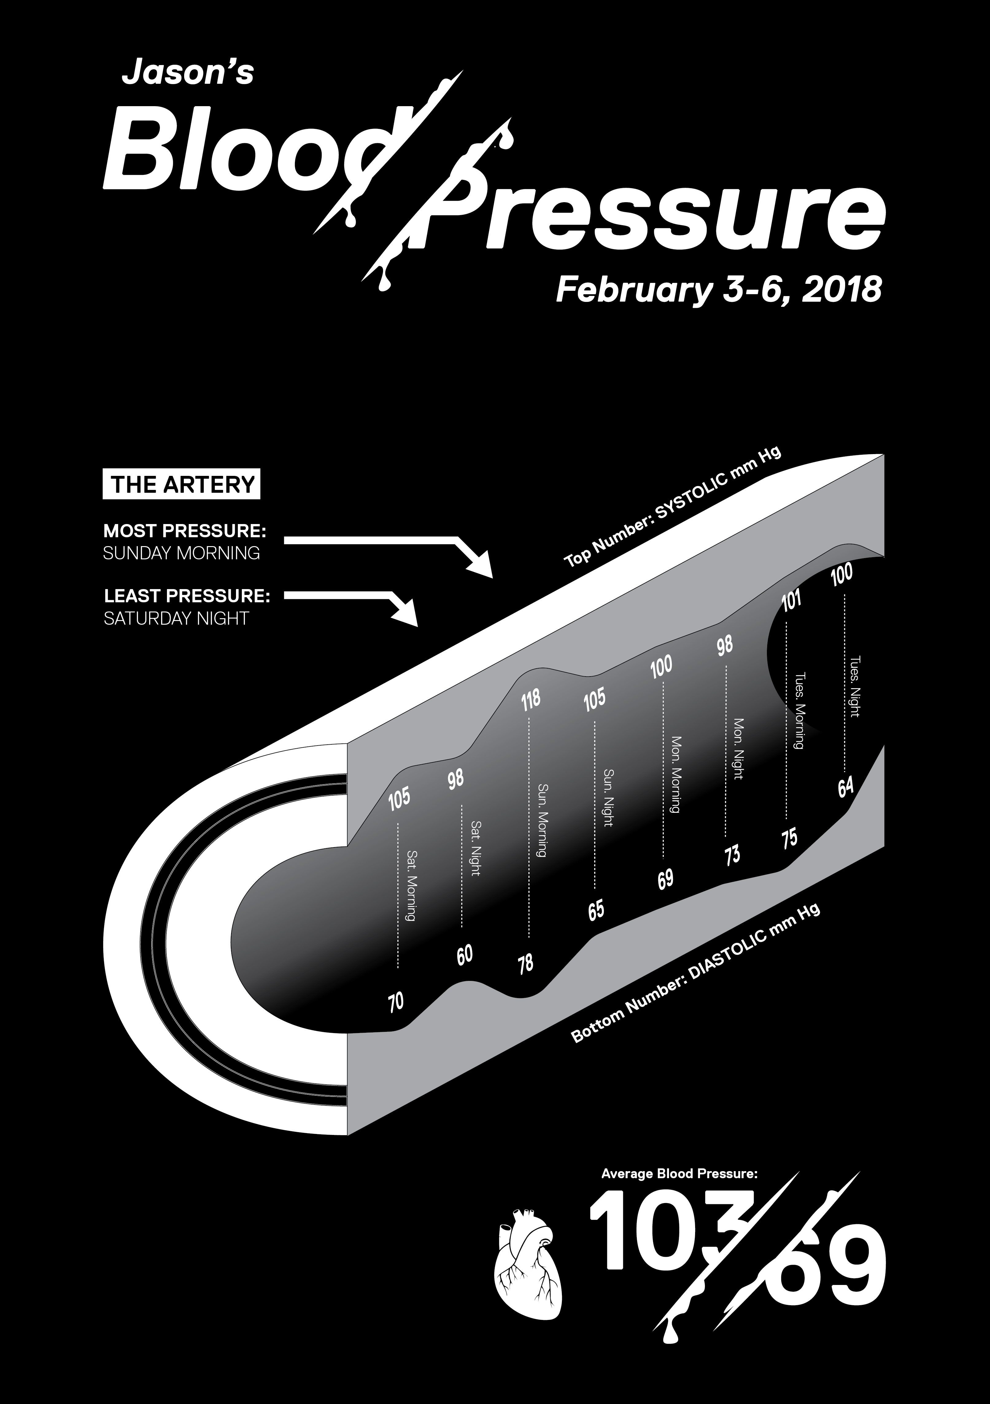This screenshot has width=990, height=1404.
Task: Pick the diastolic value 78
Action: pyautogui.click(x=525, y=964)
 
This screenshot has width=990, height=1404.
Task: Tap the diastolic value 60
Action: pyautogui.click(x=465, y=954)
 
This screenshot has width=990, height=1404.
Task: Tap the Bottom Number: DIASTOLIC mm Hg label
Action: pyautogui.click(x=695, y=972)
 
